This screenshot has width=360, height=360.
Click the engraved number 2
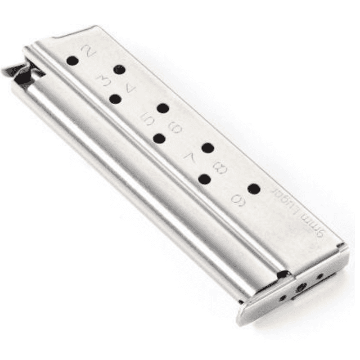click(87, 51)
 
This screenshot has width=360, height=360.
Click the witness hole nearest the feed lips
click(71, 60)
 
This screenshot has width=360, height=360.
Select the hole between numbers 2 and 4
click(118, 70)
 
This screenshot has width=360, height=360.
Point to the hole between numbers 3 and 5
click(115, 100)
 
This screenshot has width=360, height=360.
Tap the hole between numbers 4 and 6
click(163, 109)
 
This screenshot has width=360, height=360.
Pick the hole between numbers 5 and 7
click(159, 138)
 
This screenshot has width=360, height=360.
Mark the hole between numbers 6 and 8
click(208, 148)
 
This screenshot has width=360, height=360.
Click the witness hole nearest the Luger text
click(254, 189)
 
